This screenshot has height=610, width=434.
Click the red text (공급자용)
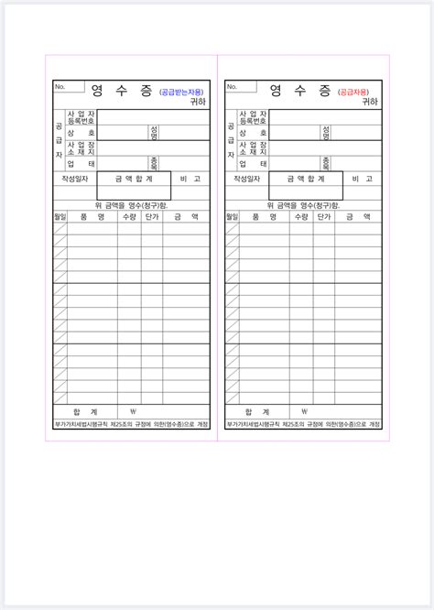pos(355,92)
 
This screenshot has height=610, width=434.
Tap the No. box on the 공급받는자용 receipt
pos(69,87)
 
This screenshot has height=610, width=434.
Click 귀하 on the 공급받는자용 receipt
pos(199,102)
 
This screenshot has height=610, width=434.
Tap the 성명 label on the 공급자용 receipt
pos(326,133)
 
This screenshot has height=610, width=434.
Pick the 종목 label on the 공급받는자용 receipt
pos(154,163)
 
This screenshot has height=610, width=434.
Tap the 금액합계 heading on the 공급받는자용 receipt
pos(134,180)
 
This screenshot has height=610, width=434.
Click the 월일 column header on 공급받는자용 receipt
pos(60,218)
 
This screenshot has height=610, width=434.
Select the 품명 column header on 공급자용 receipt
pos(264,218)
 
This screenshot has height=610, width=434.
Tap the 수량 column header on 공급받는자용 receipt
pos(129,218)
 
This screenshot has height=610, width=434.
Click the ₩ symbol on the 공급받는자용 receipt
pos(134,411)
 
